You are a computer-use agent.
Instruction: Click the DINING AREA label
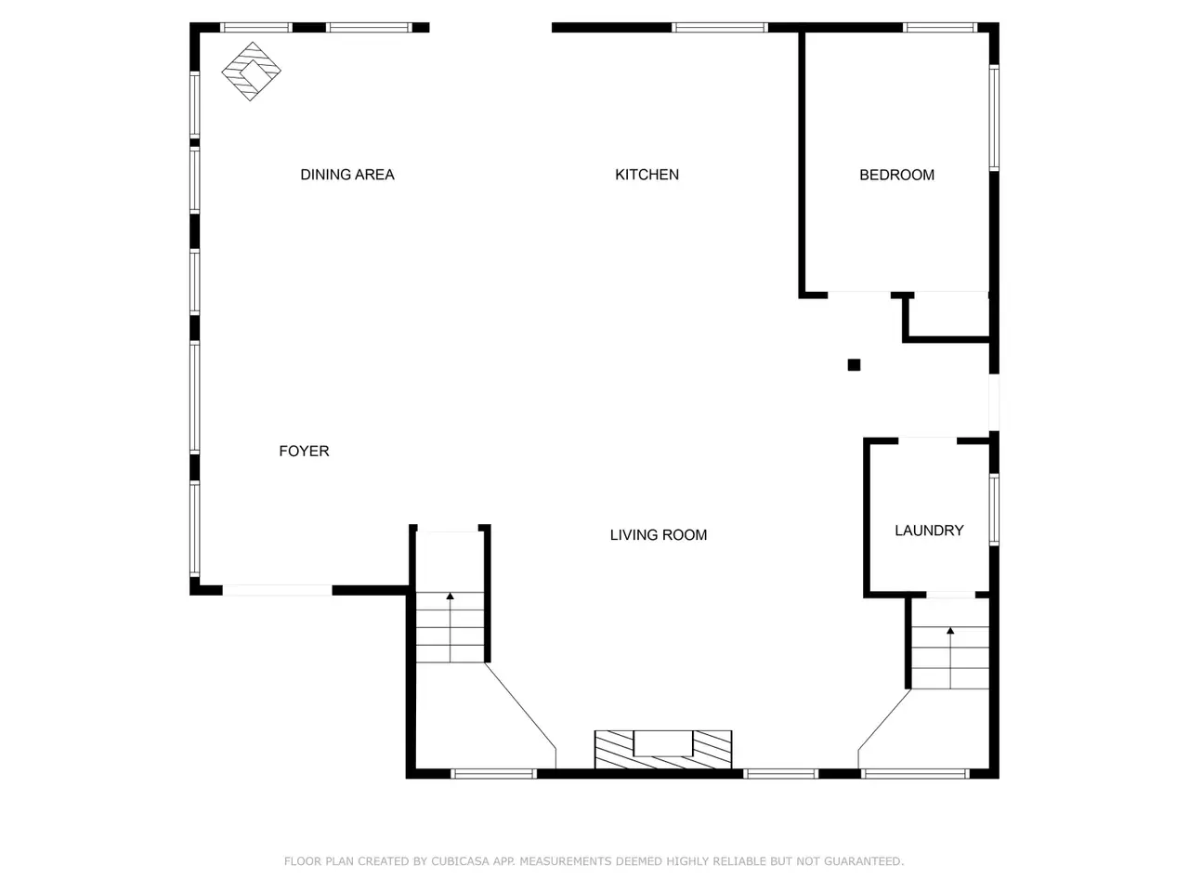pyautogui.click(x=347, y=175)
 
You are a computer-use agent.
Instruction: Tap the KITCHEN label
pyautogui.click(x=647, y=175)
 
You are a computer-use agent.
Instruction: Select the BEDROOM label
pyautogui.click(x=896, y=175)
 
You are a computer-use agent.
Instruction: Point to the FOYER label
pyautogui.click(x=304, y=451)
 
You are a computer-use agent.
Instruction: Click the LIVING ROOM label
pyautogui.click(x=659, y=534)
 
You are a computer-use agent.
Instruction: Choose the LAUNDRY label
pyautogui.click(x=929, y=531)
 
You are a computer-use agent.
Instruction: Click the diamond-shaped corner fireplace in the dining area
pyautogui.click(x=251, y=71)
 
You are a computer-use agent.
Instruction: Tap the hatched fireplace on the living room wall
pyautogui.click(x=663, y=749)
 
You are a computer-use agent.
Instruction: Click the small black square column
pyautogui.click(x=854, y=365)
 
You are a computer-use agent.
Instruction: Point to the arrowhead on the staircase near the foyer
pyautogui.click(x=450, y=596)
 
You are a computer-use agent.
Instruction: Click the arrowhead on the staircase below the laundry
pyautogui.click(x=950, y=630)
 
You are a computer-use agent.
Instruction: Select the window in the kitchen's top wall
pyautogui.click(x=719, y=28)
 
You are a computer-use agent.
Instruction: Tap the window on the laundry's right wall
pyautogui.click(x=994, y=509)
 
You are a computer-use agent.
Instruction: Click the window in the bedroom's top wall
pyautogui.click(x=940, y=28)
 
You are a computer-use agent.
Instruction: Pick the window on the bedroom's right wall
pyautogui.click(x=994, y=117)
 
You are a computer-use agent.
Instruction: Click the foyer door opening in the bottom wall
pyautogui.click(x=278, y=590)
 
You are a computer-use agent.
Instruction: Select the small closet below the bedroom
pyautogui.click(x=948, y=316)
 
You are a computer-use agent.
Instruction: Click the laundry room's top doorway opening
pyautogui.click(x=927, y=440)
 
